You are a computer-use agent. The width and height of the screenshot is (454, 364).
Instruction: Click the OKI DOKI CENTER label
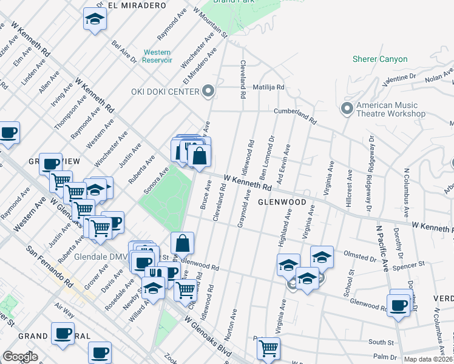[x=165, y=92]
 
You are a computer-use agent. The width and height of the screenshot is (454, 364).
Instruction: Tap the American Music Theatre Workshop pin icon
[x=347, y=109]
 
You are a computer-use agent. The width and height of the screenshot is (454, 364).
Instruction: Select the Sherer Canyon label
[x=380, y=59]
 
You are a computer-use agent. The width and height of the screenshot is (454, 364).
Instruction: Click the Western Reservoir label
[x=157, y=56]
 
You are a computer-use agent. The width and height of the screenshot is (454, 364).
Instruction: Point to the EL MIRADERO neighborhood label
[x=137, y=5]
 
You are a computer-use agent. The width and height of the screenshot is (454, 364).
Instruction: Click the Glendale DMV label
[x=99, y=256]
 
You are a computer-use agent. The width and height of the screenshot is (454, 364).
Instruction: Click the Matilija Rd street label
[x=268, y=87]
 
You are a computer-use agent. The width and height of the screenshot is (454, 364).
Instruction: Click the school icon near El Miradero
[x=95, y=19]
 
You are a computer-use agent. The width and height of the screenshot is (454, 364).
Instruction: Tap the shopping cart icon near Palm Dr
[x=268, y=349]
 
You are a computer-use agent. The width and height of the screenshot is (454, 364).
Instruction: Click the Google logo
[x=21, y=356]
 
